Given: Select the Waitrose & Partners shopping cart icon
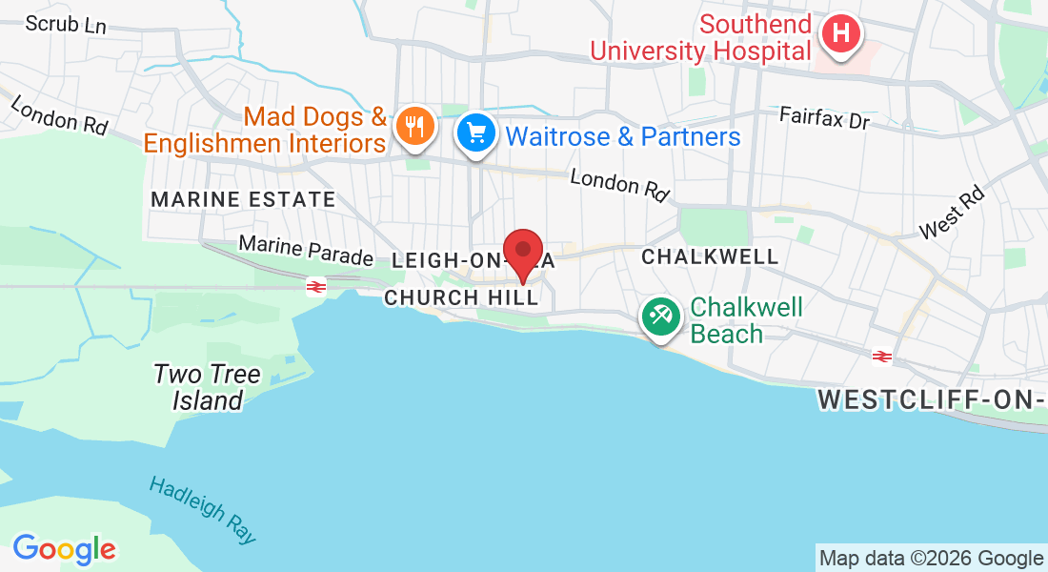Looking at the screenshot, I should pos(476,133).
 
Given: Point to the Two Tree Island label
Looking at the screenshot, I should pos(207,387).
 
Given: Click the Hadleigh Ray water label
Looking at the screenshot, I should pos(203,509).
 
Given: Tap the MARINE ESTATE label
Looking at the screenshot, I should pos(243,200).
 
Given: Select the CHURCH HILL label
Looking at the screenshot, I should pos(460,298).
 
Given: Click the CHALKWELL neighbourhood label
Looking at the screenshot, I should pos(710,257).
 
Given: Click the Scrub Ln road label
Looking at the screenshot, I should pos(66,24).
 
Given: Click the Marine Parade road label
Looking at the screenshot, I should pos(306,251).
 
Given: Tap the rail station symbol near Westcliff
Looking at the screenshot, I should pos(881,356).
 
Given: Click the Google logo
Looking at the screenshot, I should pos(64,549).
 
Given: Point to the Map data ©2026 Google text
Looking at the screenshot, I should pos(932,559).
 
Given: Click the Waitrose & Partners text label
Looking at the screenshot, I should pos(623,137).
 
